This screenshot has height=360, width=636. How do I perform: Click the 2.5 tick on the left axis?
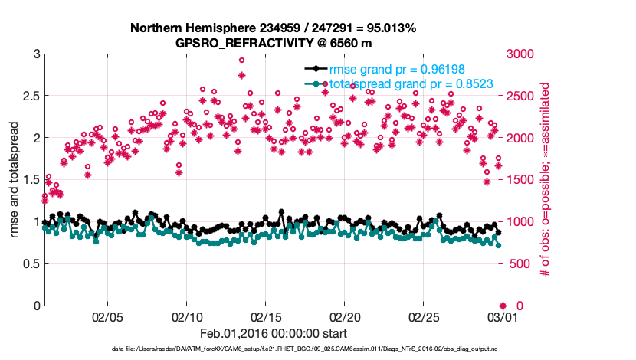coord(28,96)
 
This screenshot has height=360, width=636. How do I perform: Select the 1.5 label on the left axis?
coord(28,180)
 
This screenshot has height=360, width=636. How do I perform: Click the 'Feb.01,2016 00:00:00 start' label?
coord(274,333)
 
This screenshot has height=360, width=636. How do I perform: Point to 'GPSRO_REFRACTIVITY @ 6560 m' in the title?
coord(274,43)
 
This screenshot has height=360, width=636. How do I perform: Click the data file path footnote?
coord(274,349)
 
